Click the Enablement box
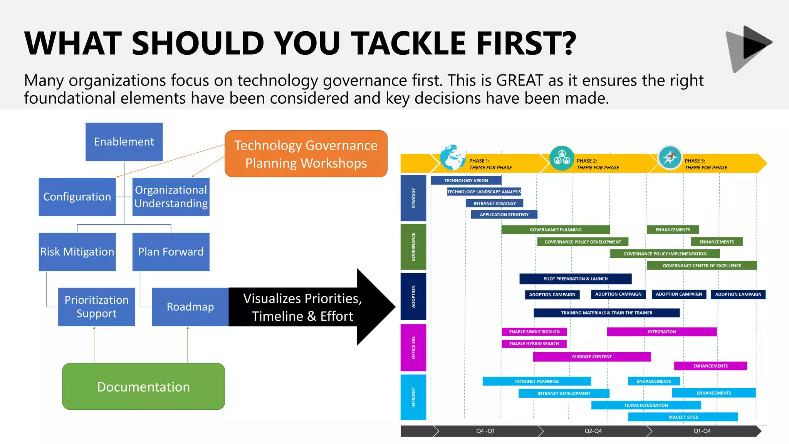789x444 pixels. point(124,142)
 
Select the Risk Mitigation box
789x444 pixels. point(77,252)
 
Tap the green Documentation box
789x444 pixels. point(143,387)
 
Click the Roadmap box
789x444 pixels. point(190,307)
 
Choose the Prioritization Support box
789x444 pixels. point(96,307)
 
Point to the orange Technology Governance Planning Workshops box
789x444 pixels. point(306,154)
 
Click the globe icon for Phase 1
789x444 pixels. point(452,157)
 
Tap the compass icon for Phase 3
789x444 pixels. point(670,157)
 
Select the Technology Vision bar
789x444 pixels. point(466,180)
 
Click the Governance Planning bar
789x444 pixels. point(556,230)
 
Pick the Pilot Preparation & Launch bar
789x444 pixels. point(575,279)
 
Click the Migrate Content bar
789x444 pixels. point(592,357)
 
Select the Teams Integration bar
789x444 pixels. point(646,405)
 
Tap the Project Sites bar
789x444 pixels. point(683,417)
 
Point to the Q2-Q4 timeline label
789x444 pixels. point(593,431)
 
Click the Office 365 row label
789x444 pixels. point(413,348)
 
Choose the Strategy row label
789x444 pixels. point(413,198)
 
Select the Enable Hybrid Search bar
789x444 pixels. point(534,344)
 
